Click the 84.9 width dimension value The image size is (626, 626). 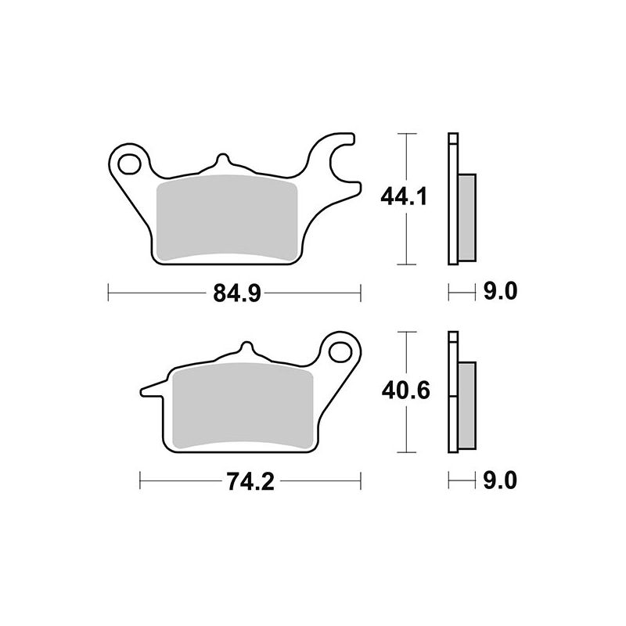[237, 293]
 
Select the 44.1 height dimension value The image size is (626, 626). [404, 197]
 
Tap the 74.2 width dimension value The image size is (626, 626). [250, 481]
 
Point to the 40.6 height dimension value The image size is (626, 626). [405, 390]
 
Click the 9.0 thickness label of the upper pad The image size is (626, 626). [500, 291]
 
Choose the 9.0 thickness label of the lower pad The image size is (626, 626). [500, 480]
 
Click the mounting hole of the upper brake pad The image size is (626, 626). [129, 164]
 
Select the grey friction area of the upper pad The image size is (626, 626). [227, 218]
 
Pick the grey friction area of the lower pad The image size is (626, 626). [243, 406]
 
